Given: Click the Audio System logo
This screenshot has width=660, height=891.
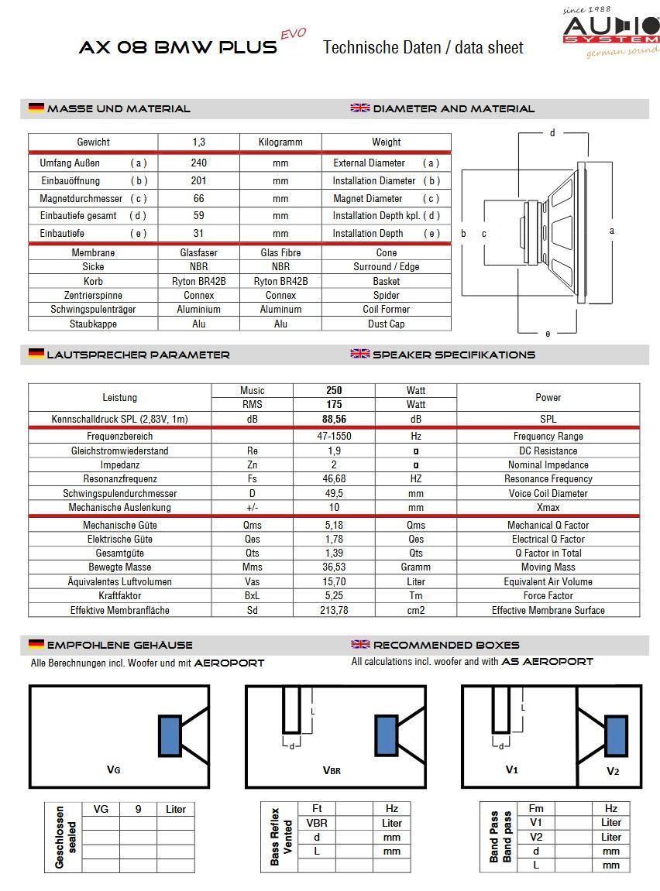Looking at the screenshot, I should point(611,31).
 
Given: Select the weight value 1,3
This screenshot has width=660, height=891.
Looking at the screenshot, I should point(198,142).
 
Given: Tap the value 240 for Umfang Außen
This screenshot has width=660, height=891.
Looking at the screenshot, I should point(198,163).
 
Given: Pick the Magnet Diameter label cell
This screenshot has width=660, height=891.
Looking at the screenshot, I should point(386,199).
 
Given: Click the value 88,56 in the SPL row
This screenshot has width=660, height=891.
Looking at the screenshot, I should point(334,419).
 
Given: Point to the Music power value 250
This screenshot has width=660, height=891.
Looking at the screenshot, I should point(334,390).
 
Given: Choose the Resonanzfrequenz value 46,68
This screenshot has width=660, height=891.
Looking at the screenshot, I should point(334,479).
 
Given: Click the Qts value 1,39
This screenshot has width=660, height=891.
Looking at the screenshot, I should point(334,553).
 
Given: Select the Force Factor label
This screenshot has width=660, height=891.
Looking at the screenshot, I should point(548,595).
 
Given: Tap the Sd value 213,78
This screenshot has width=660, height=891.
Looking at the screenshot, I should point(334,610).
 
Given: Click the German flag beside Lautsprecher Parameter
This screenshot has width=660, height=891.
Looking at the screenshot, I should point(36,354).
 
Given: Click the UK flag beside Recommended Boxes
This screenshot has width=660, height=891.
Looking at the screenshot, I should point(360,644).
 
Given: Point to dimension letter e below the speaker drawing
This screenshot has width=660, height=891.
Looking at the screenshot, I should point(548,334).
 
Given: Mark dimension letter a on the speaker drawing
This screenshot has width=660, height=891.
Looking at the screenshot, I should point(611,231).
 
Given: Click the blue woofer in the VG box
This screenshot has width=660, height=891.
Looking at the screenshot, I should point(170,735).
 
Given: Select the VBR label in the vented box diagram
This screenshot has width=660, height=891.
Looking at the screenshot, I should point(332,770).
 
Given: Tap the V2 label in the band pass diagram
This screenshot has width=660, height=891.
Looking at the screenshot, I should point(613,771).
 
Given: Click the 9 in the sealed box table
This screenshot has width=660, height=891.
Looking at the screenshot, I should point(138,809).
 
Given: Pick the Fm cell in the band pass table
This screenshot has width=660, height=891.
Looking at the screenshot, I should point(536,808).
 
